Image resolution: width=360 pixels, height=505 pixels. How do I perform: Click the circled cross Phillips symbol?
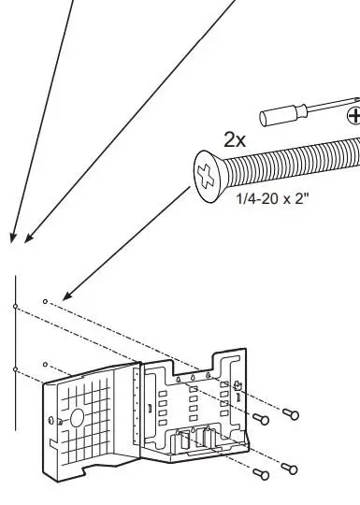coord(353,116)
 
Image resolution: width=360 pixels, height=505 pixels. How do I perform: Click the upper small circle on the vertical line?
coord(15,306)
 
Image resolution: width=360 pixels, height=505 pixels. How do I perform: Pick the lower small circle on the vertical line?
coord(15,369)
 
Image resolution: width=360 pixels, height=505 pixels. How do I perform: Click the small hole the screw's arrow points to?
coord(45,301)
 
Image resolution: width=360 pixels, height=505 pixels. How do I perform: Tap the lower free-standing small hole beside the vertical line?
coord(45,363)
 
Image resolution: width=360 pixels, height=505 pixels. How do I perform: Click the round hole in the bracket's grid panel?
coord(77,414)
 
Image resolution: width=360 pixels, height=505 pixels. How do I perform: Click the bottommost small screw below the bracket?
coord(288,468)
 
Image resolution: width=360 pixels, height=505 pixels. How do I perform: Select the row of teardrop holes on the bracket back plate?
coord(192,378)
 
